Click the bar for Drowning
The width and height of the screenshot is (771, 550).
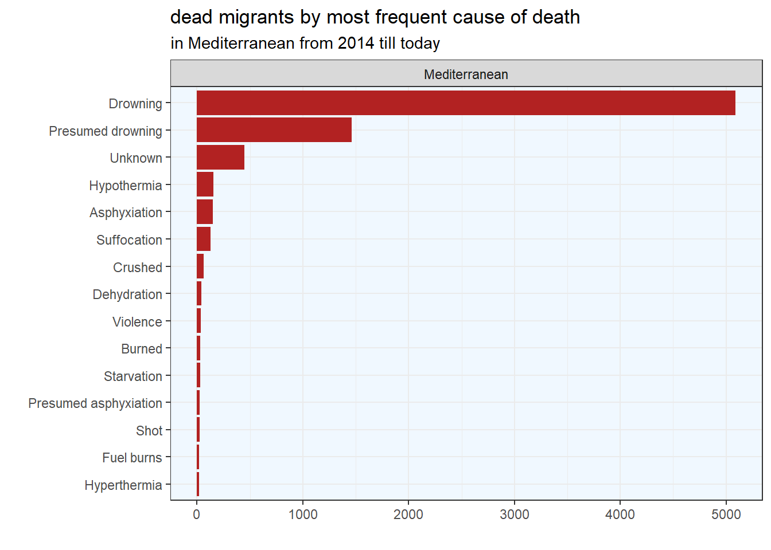(x=465, y=103)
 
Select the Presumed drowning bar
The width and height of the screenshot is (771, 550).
(x=274, y=130)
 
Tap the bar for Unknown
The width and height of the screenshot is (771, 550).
(x=220, y=158)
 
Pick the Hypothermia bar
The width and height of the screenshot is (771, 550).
(x=205, y=184)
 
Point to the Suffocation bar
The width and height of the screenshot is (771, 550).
(x=204, y=239)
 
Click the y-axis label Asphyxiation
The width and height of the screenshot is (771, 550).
(x=126, y=213)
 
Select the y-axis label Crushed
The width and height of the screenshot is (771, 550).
(x=138, y=268)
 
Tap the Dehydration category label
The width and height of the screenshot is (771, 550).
(x=127, y=294)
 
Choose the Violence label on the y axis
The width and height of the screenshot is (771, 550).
(x=137, y=322)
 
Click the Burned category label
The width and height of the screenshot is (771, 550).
(x=142, y=349)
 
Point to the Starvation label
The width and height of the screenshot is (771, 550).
(x=133, y=376)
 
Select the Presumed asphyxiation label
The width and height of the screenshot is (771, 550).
(x=95, y=403)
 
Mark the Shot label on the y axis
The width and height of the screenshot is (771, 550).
(x=149, y=431)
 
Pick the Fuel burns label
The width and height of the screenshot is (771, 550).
(x=132, y=458)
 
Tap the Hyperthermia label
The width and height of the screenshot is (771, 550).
(x=123, y=485)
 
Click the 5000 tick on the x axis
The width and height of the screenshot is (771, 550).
(x=726, y=514)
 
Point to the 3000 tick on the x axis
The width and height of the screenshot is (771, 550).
(x=515, y=514)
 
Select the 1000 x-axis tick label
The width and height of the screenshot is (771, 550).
(x=303, y=514)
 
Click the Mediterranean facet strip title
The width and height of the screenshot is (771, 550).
(x=466, y=74)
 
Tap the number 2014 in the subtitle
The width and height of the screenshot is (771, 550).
(x=356, y=44)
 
